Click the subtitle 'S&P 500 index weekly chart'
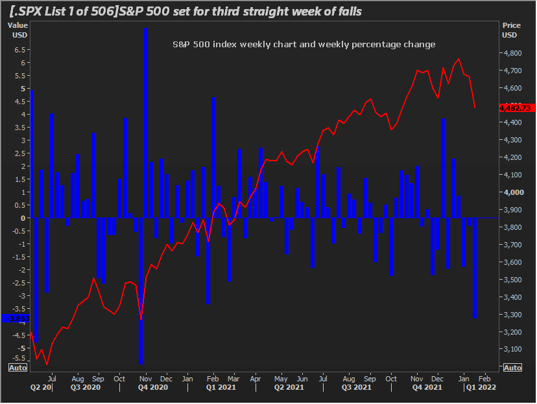[304, 44]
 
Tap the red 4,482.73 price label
[516, 108]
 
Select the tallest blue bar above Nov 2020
[145, 123]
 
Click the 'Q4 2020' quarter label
[153, 387]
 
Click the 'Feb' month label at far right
[484, 377]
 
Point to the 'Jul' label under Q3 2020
[52, 377]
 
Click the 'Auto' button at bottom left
[18, 368]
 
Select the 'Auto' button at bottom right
[512, 368]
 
